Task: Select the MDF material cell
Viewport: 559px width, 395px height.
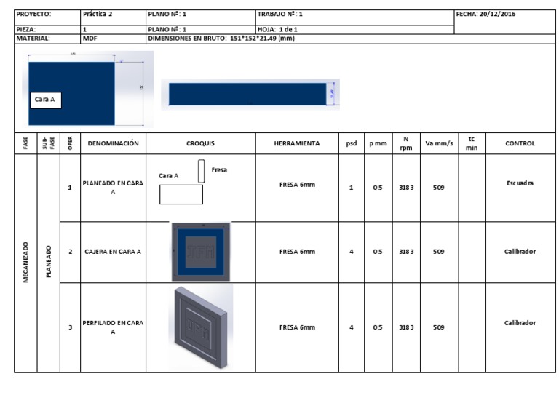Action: tap(90, 38)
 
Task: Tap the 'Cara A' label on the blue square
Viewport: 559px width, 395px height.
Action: tap(45, 100)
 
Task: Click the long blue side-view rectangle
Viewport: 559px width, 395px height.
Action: tap(247, 94)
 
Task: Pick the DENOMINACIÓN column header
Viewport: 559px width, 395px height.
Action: tap(113, 144)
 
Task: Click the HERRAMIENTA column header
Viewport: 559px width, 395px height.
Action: tap(297, 144)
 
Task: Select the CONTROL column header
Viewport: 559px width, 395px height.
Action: tap(520, 144)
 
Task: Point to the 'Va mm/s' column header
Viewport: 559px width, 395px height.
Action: tap(439, 144)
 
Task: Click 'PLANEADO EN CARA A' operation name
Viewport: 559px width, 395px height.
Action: tap(113, 188)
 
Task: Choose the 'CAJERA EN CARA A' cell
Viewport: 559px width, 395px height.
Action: tap(113, 252)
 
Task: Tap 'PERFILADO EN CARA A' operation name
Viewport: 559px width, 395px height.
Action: tap(113, 327)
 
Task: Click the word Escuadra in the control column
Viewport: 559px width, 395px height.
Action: tap(520, 183)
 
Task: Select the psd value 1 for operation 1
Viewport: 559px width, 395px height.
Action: tap(352, 188)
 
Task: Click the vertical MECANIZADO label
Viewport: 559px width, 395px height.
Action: tap(26, 262)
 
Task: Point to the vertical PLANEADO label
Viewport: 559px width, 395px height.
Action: tap(49, 262)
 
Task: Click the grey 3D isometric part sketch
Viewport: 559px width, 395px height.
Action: tap(200, 326)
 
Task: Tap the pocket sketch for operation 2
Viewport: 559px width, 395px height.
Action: tap(201, 252)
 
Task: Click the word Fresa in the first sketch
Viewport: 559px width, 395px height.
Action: tap(219, 169)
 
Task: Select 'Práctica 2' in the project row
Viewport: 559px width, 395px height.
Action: tap(98, 14)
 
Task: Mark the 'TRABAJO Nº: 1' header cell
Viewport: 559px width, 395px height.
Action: tap(280, 14)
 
